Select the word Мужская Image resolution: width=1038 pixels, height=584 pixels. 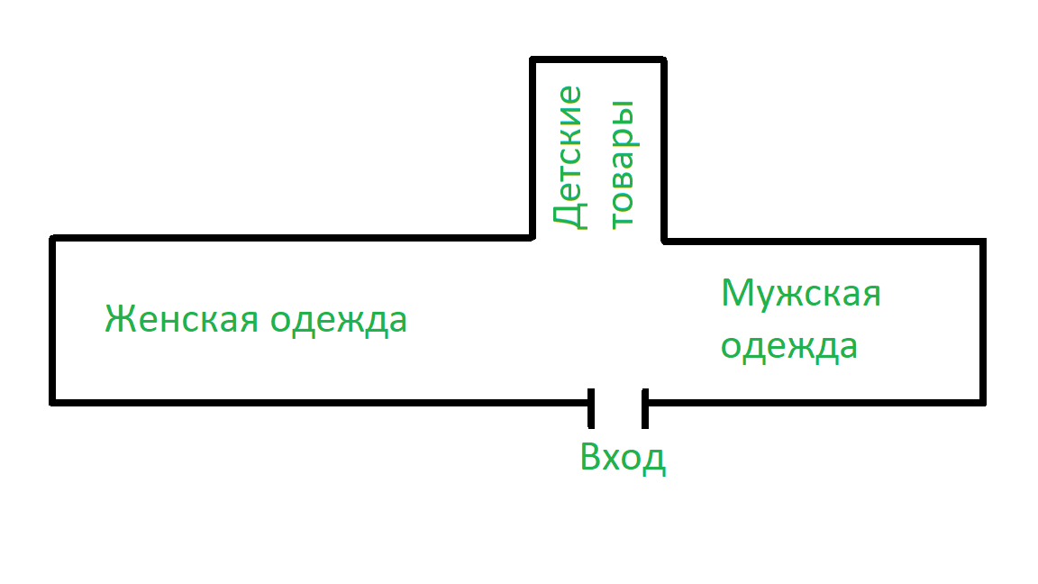pos(801,295)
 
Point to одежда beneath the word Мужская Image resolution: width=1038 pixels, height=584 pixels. pos(789,348)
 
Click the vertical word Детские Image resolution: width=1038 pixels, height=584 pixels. pos(568,157)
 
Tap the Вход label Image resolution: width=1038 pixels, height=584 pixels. pos(623,457)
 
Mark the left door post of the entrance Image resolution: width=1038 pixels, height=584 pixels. pos(591,407)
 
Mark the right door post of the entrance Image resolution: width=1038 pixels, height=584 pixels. pos(645,407)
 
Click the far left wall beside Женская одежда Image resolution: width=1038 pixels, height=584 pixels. pos(53,320)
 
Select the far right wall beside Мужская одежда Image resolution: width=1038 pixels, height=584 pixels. pos(982,320)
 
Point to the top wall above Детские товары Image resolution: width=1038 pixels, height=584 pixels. pos(598,60)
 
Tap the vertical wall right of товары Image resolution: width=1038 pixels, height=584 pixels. pos(664,149)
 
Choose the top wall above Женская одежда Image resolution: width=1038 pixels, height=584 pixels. pos(288,239)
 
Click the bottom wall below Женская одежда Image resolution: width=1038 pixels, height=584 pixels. pos(315,399)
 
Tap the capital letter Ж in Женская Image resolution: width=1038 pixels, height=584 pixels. pos(121,320)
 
